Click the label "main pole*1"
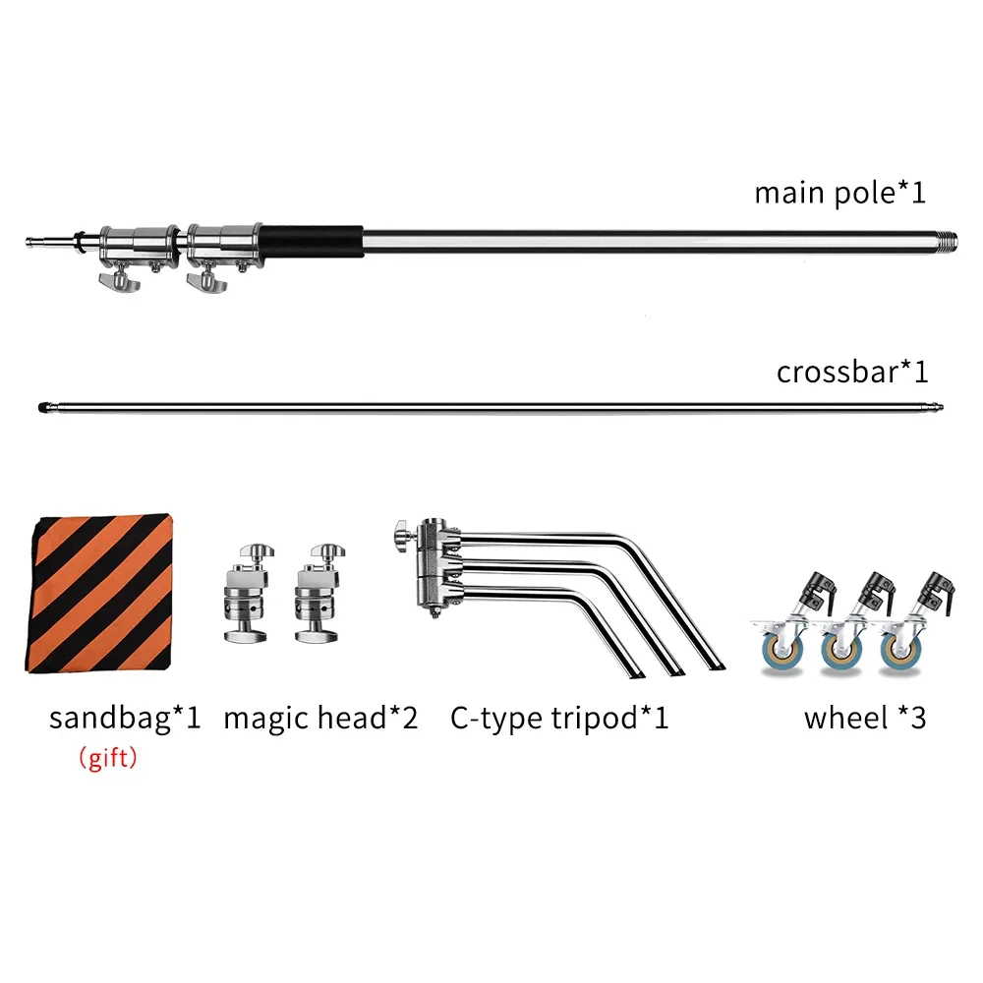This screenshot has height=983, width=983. (839, 192)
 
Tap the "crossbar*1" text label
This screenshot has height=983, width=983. (851, 373)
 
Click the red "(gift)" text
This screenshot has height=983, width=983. (107, 759)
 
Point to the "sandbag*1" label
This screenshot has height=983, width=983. (125, 718)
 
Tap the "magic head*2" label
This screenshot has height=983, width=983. (320, 718)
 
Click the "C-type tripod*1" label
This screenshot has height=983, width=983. (559, 718)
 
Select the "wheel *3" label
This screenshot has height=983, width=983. (864, 718)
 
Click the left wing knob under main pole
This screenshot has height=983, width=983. (120, 283)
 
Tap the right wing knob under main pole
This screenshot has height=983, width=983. (205, 283)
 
